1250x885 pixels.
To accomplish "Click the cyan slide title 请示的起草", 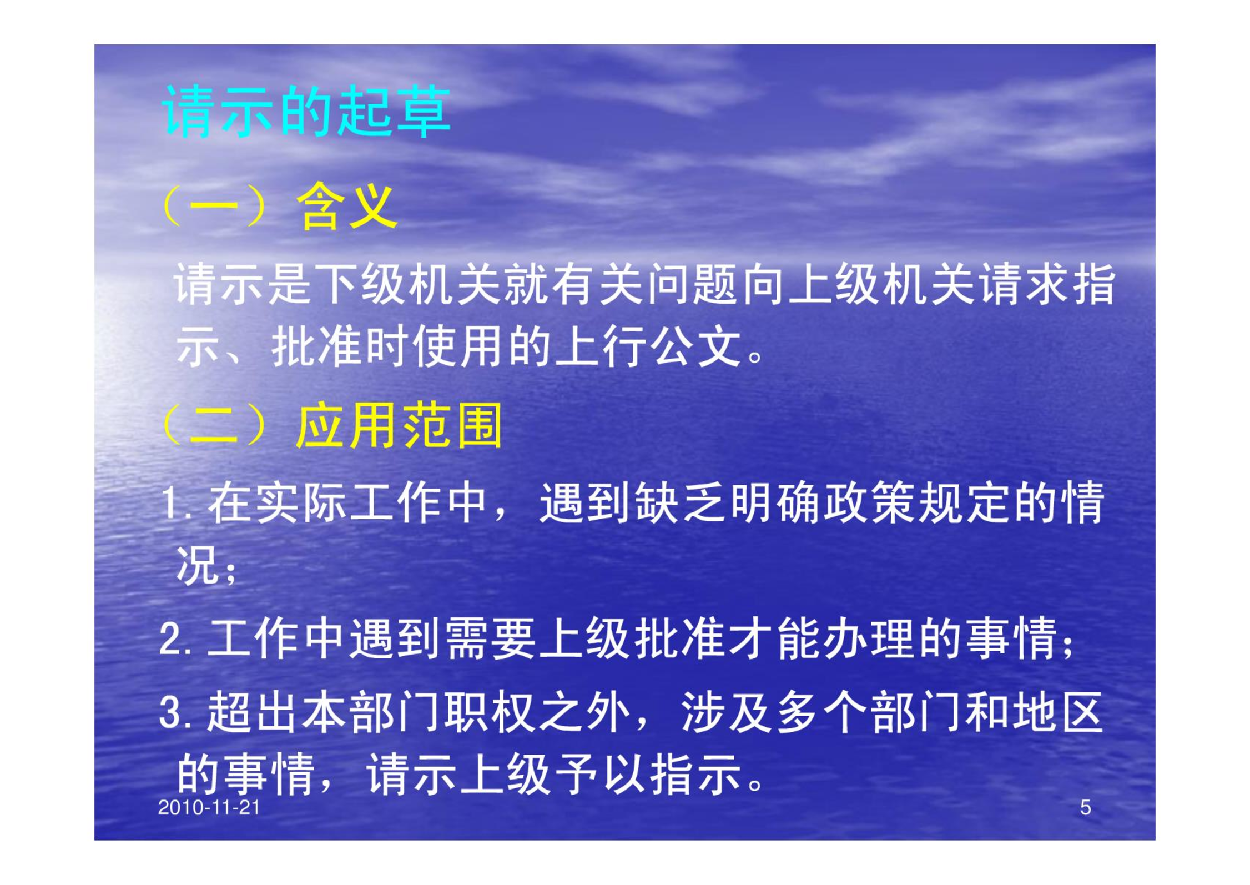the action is pos(306,112).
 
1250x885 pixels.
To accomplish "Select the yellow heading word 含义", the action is pos(347,206).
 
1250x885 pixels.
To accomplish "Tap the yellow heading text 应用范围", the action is pos(399,426).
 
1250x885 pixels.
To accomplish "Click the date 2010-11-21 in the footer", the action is pos(209,807).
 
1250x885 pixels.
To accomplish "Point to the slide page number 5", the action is pos(1086,807).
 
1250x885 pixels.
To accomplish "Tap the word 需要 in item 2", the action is pos(491,639).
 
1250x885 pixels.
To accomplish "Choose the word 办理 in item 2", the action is pos(869,639).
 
